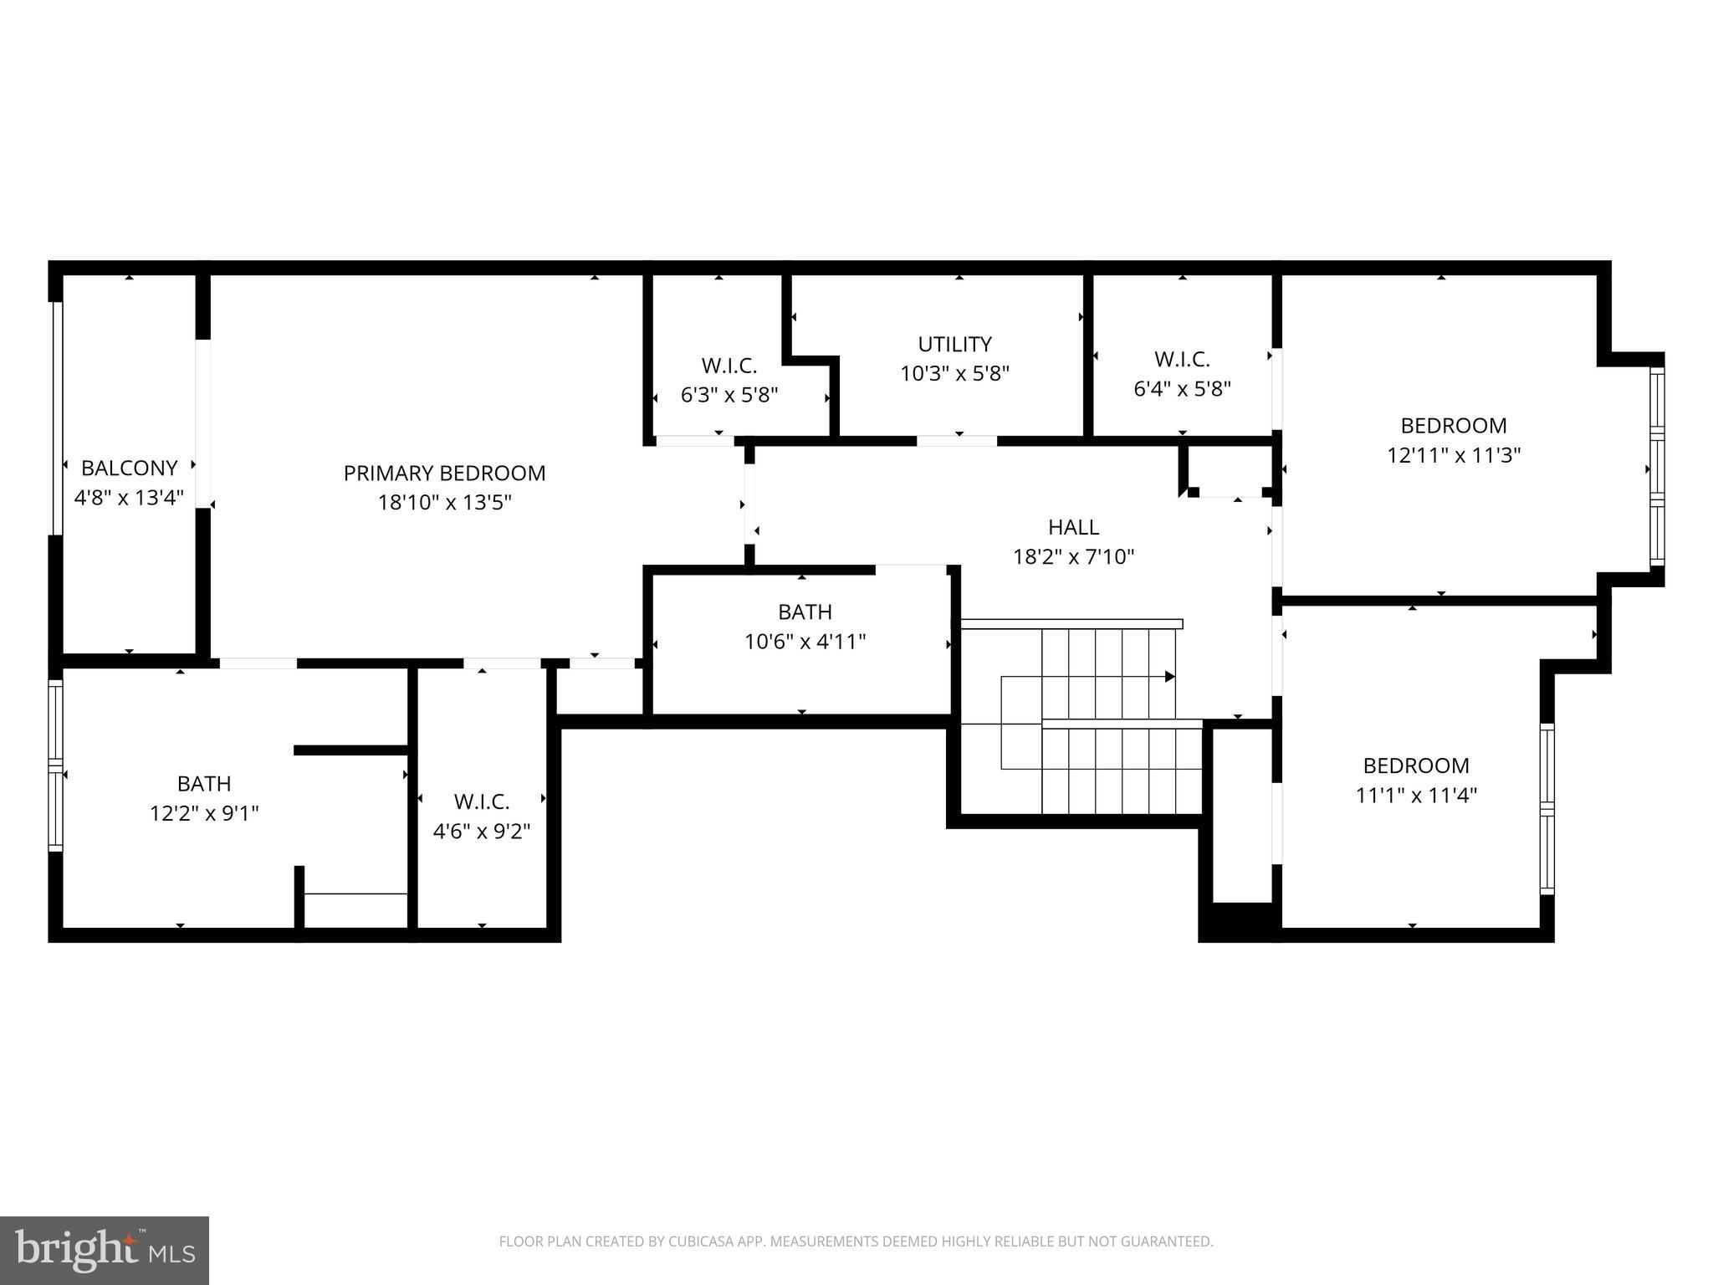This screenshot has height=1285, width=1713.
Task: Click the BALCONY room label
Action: click(x=129, y=468)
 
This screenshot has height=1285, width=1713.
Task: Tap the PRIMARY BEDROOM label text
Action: click(x=444, y=474)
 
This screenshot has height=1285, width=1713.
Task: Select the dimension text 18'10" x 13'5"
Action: click(x=444, y=503)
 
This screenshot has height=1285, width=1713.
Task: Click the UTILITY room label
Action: click(x=954, y=345)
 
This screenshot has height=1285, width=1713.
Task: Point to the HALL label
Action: click(x=1073, y=528)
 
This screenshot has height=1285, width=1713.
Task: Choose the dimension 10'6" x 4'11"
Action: click(x=805, y=642)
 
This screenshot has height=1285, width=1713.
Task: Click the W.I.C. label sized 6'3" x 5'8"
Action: click(x=729, y=366)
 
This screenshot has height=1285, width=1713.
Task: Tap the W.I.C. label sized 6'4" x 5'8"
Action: click(x=1182, y=360)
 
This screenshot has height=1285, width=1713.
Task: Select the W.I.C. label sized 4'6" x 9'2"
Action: click(x=482, y=802)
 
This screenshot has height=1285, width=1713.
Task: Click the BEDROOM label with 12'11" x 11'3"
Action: click(x=1453, y=426)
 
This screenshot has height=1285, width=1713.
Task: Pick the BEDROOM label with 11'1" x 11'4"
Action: click(x=1415, y=765)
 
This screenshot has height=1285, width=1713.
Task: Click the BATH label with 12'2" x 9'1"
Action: click(x=204, y=784)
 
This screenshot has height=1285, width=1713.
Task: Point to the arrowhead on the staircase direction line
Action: click(x=1170, y=676)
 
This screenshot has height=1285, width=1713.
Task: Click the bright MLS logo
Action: click(x=104, y=1251)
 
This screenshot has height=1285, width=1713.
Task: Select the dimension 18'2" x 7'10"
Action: click(x=1073, y=557)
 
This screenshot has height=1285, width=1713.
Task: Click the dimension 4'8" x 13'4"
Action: click(x=129, y=498)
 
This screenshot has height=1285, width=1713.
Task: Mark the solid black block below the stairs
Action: click(x=1241, y=921)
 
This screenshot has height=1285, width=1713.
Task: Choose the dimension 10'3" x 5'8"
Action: click(x=954, y=374)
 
